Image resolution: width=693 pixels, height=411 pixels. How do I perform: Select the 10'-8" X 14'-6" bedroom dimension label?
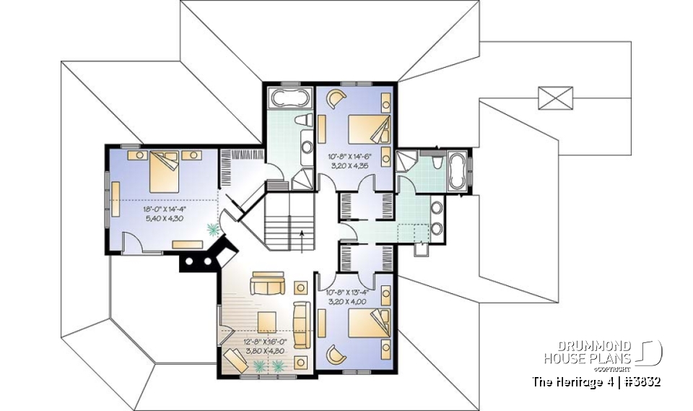click(350, 156)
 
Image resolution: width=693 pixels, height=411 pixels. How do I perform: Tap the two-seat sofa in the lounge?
click(268, 285)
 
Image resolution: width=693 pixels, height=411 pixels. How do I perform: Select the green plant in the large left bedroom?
click(213, 230)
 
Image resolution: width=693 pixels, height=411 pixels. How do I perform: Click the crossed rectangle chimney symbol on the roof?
click(555, 98)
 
